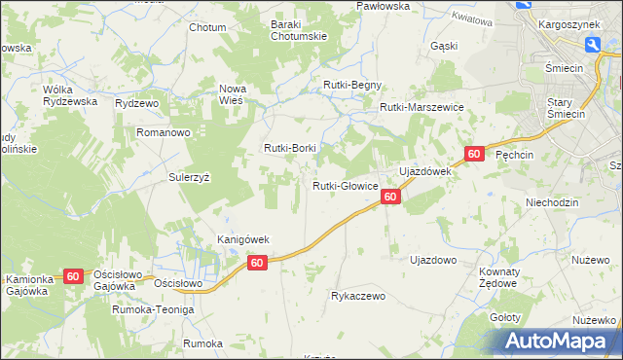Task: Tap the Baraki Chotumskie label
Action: [x=299, y=30]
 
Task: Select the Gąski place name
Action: [x=443, y=46]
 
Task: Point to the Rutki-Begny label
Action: [x=352, y=85]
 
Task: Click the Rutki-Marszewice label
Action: [x=421, y=107]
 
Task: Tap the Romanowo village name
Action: [x=162, y=130]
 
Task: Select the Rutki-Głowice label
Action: [x=345, y=186]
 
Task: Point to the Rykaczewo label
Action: [x=359, y=295]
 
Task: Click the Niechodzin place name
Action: [x=552, y=202]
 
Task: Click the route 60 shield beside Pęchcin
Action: [x=474, y=154]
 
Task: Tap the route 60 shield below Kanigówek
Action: [x=257, y=263]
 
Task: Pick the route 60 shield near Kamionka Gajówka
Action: [x=73, y=276]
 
